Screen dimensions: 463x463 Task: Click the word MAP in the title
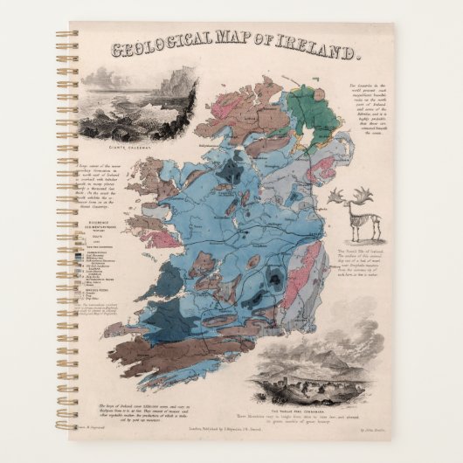(x=235, y=52)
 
